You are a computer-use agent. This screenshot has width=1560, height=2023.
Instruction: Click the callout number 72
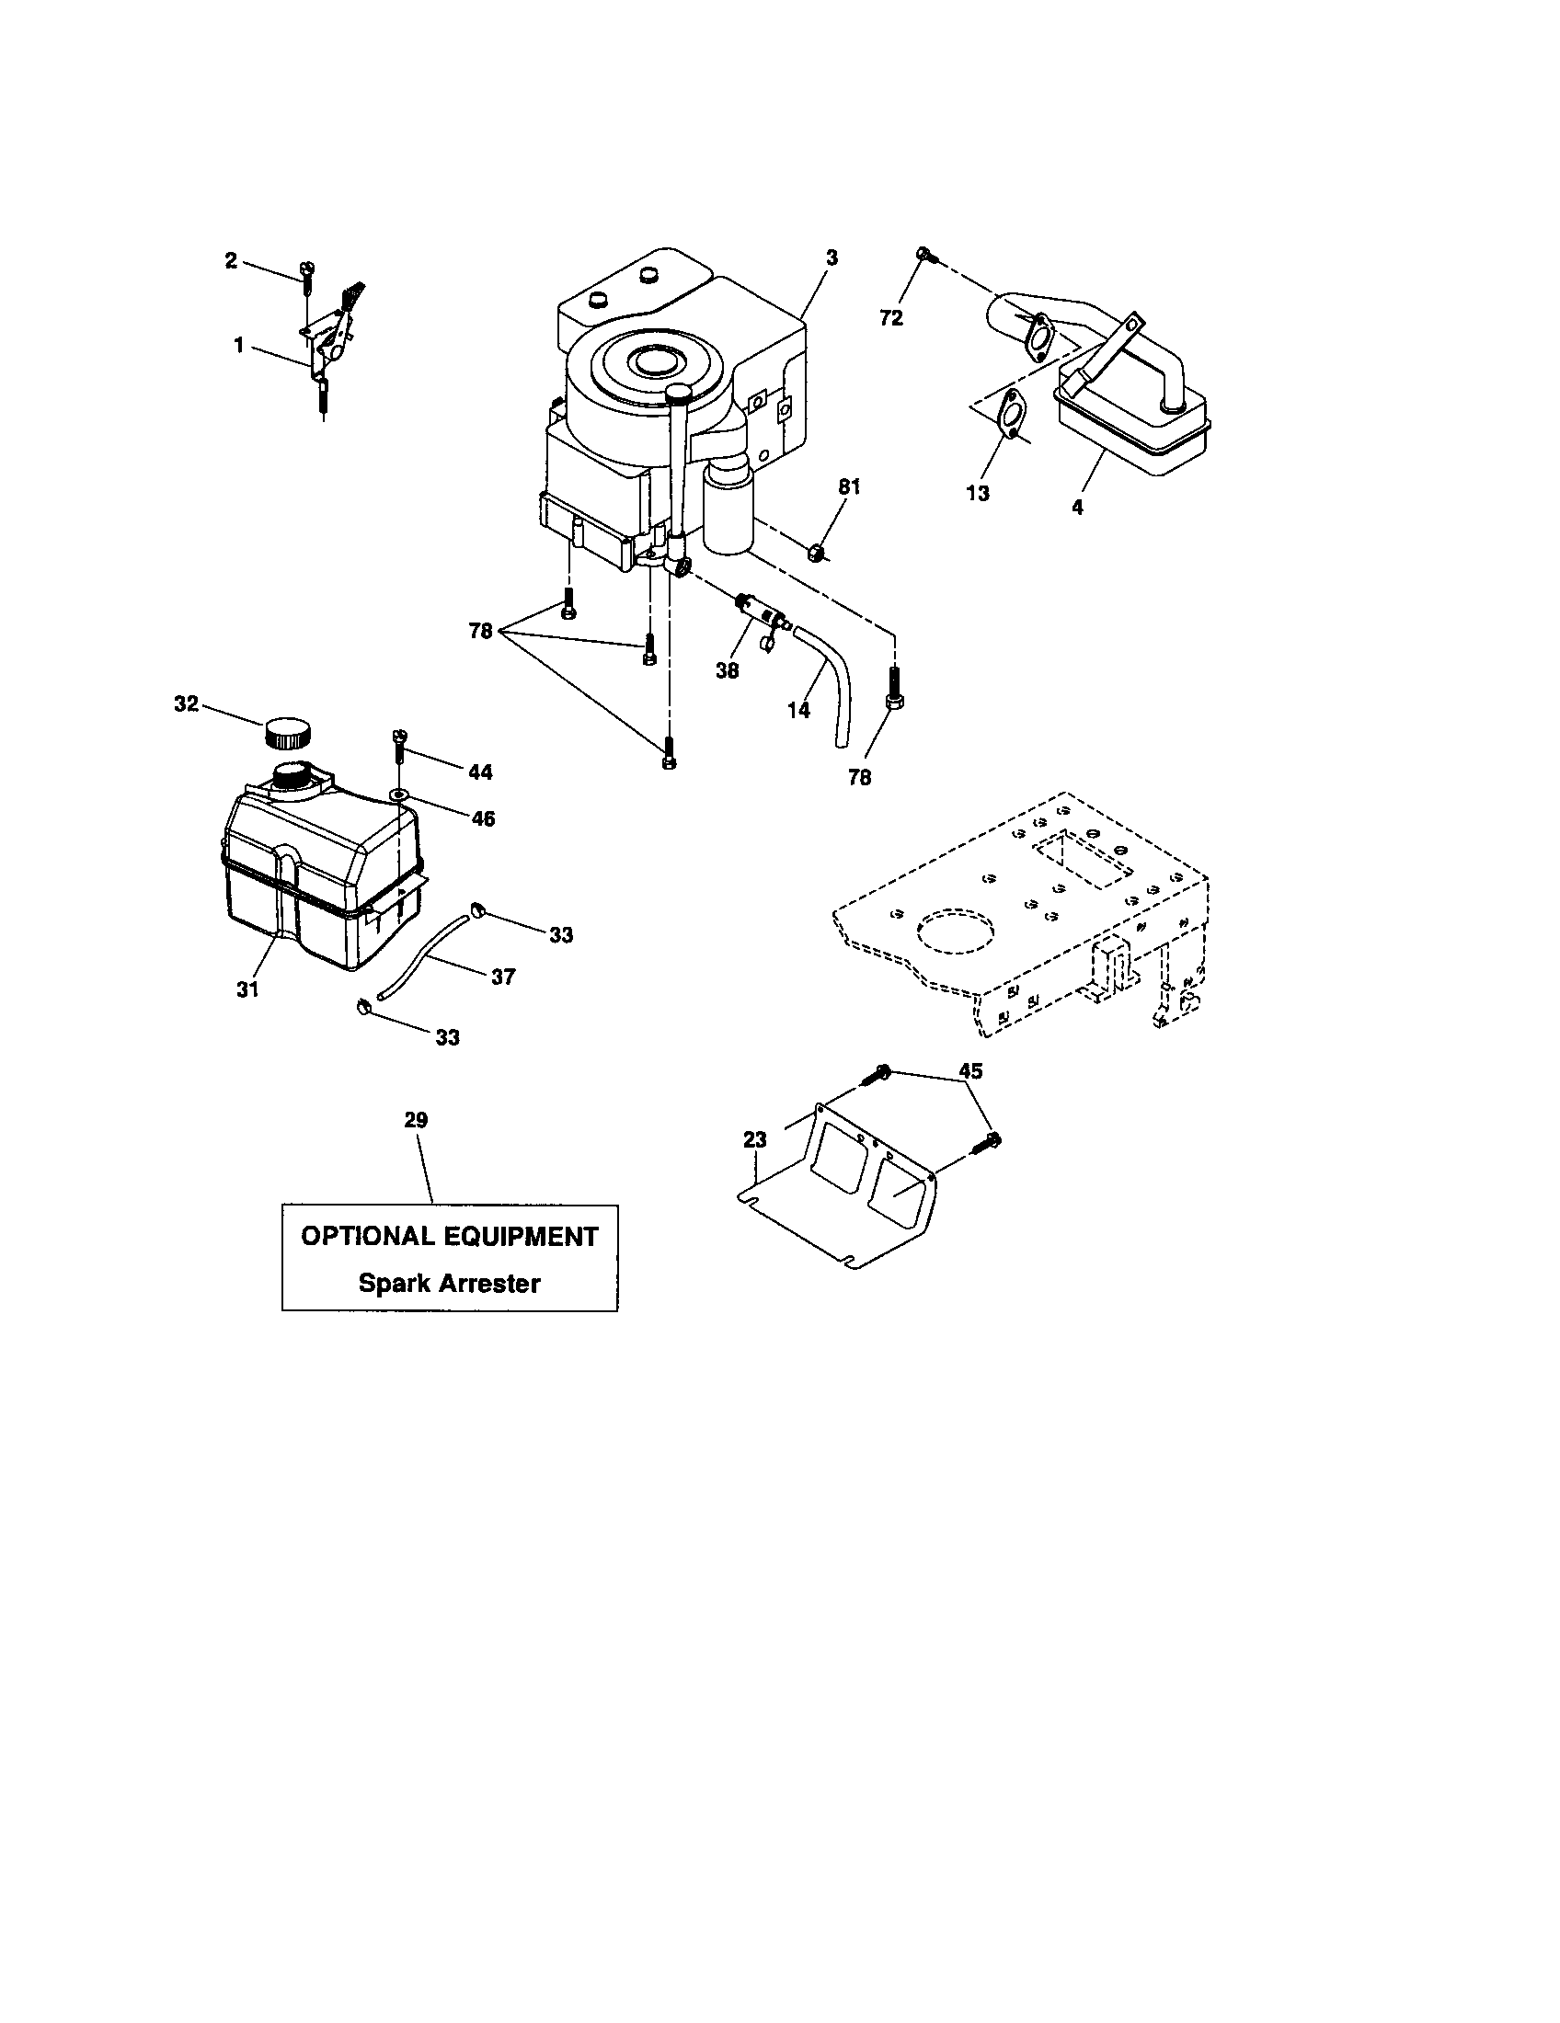(890, 318)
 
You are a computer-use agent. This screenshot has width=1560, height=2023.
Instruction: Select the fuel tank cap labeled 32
(288, 733)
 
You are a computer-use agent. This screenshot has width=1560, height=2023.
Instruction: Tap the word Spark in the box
(397, 1283)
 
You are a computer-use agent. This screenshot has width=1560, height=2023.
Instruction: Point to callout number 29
(416, 1120)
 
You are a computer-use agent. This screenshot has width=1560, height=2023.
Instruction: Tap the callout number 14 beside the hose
(798, 710)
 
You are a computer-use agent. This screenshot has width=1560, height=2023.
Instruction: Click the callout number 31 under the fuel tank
(247, 989)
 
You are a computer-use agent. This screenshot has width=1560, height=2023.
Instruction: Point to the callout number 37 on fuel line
(503, 977)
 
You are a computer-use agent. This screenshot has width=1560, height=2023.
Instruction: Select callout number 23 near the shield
(755, 1139)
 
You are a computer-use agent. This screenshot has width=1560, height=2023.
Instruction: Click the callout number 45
(969, 1070)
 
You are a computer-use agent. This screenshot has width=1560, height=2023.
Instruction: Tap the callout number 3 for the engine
(831, 257)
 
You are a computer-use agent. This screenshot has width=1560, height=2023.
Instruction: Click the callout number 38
(728, 670)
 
